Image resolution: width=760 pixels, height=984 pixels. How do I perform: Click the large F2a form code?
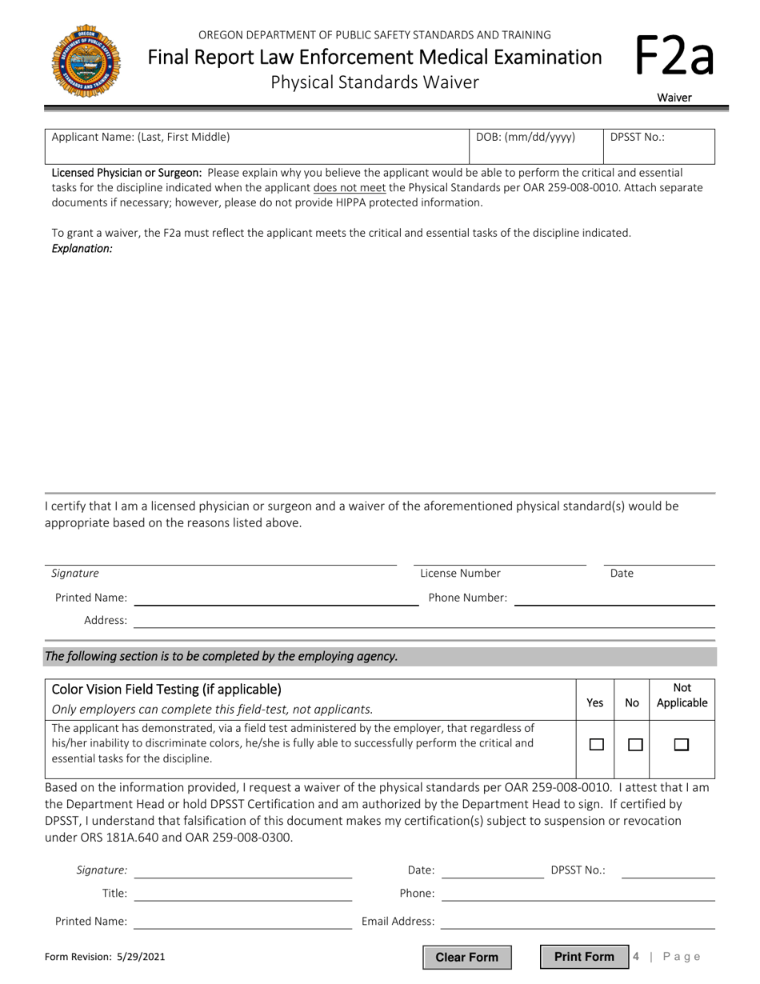click(674, 58)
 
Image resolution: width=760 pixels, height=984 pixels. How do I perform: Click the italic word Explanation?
click(82, 249)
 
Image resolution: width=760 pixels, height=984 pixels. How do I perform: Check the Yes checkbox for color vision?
click(596, 744)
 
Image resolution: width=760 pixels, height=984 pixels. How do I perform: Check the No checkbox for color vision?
click(635, 744)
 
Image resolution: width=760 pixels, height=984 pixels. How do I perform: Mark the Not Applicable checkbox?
click(682, 744)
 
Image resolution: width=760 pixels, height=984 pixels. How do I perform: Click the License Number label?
click(460, 573)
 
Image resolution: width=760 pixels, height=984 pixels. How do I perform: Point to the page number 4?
click(636, 957)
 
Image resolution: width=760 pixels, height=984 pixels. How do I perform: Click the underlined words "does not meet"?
click(350, 187)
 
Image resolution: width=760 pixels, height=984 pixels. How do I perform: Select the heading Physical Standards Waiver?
click(375, 82)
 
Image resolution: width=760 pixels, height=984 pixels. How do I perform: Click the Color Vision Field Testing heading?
click(166, 689)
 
